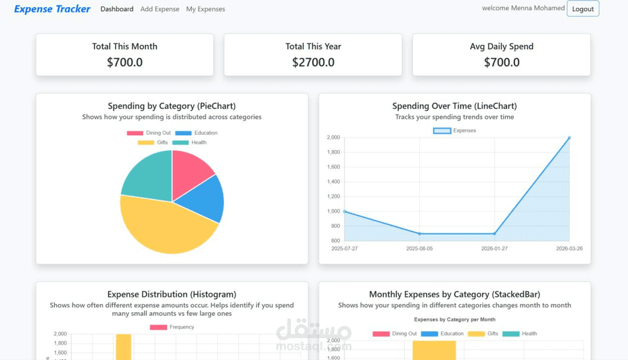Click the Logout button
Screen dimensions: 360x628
583,9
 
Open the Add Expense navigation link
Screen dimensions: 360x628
160,9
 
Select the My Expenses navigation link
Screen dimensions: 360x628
206,9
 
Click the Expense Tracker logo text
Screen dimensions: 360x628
52,9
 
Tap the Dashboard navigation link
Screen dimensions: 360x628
117,9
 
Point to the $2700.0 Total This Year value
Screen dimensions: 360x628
313,62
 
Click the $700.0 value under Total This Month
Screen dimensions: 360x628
124,62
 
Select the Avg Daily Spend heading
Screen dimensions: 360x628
501,47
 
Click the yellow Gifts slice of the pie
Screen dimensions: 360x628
167,227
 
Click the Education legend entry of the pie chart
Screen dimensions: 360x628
197,133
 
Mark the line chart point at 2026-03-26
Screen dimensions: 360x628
569,138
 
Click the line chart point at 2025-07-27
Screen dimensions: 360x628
345,211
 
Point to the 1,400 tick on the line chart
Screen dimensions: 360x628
333,182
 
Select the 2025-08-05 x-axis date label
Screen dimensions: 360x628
419,248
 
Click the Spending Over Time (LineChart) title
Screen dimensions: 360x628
455,106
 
